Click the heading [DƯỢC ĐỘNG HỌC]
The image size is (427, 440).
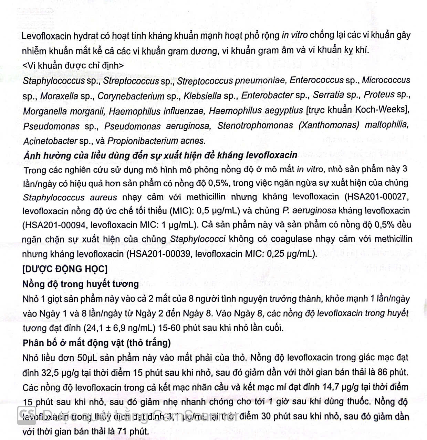[65, 269]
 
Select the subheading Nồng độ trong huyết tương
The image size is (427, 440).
[81, 284]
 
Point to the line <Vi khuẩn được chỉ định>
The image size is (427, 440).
[73, 65]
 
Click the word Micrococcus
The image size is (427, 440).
[386, 80]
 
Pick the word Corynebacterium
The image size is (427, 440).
[131, 96]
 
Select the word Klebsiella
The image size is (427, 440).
[202, 96]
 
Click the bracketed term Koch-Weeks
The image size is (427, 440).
[380, 110]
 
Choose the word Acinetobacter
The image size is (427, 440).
[50, 141]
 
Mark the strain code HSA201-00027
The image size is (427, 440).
[377, 197]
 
